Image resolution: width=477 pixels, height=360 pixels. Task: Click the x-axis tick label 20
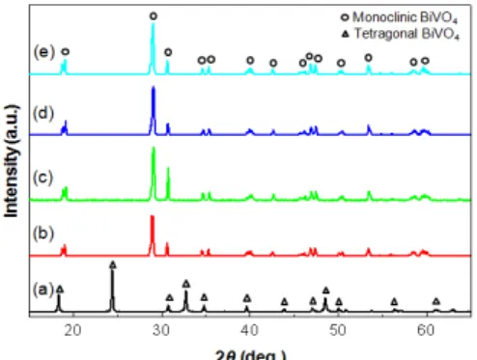coord(72,330)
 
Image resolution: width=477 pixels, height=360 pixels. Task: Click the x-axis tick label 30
coord(161,330)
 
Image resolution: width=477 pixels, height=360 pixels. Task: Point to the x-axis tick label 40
coord(249,330)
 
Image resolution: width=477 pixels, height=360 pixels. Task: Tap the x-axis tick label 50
coord(338,330)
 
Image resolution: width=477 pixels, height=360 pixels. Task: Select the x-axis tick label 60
coord(426,330)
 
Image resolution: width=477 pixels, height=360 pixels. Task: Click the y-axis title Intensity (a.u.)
coord(12,160)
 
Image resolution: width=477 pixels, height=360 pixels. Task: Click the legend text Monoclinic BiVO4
coord(405,17)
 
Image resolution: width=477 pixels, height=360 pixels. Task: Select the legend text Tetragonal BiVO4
coord(407,34)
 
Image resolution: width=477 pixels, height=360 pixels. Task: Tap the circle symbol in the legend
coord(345,17)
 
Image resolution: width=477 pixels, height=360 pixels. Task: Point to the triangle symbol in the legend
coord(346,34)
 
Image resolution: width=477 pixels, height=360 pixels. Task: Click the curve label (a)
coord(43,290)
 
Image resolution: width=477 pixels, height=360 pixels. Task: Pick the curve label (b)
coord(43,234)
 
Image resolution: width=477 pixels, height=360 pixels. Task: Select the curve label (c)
coord(42,178)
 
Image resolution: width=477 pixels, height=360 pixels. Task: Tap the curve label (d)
coord(43,113)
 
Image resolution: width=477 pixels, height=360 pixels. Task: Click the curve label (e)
coord(44,52)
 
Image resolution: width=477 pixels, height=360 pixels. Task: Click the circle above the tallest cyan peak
coord(154,16)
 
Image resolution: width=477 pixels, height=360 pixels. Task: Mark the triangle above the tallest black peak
coord(112,264)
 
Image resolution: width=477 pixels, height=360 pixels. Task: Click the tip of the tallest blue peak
coord(154,87)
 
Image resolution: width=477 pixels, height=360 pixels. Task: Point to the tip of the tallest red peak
coord(153,216)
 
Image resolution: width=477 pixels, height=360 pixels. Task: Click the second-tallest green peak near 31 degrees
coord(168,168)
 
